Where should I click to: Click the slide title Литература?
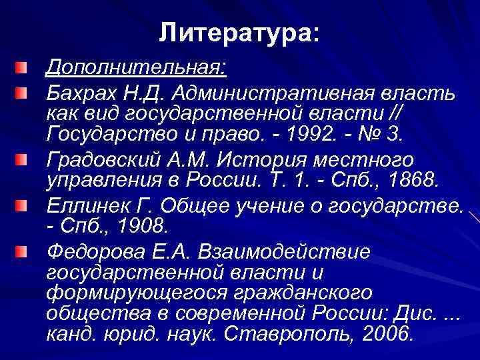point(240,31)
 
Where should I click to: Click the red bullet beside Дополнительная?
point(24,67)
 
